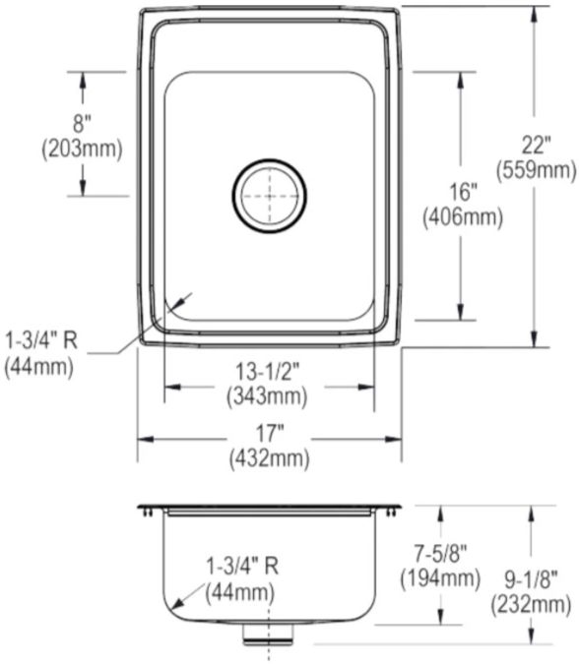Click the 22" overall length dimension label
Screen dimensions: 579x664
click(x=537, y=146)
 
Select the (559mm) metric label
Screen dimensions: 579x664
click(x=537, y=170)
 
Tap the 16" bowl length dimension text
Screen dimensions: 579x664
click(x=463, y=192)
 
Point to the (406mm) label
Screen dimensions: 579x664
click(x=463, y=216)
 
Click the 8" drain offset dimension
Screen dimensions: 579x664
click(x=83, y=124)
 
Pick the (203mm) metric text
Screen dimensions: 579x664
click(x=83, y=149)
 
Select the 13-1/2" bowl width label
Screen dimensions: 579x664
click(x=268, y=372)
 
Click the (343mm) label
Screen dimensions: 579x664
click(x=267, y=396)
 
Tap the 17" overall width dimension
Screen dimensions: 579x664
click(x=270, y=433)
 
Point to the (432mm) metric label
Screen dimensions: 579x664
click(x=270, y=457)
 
